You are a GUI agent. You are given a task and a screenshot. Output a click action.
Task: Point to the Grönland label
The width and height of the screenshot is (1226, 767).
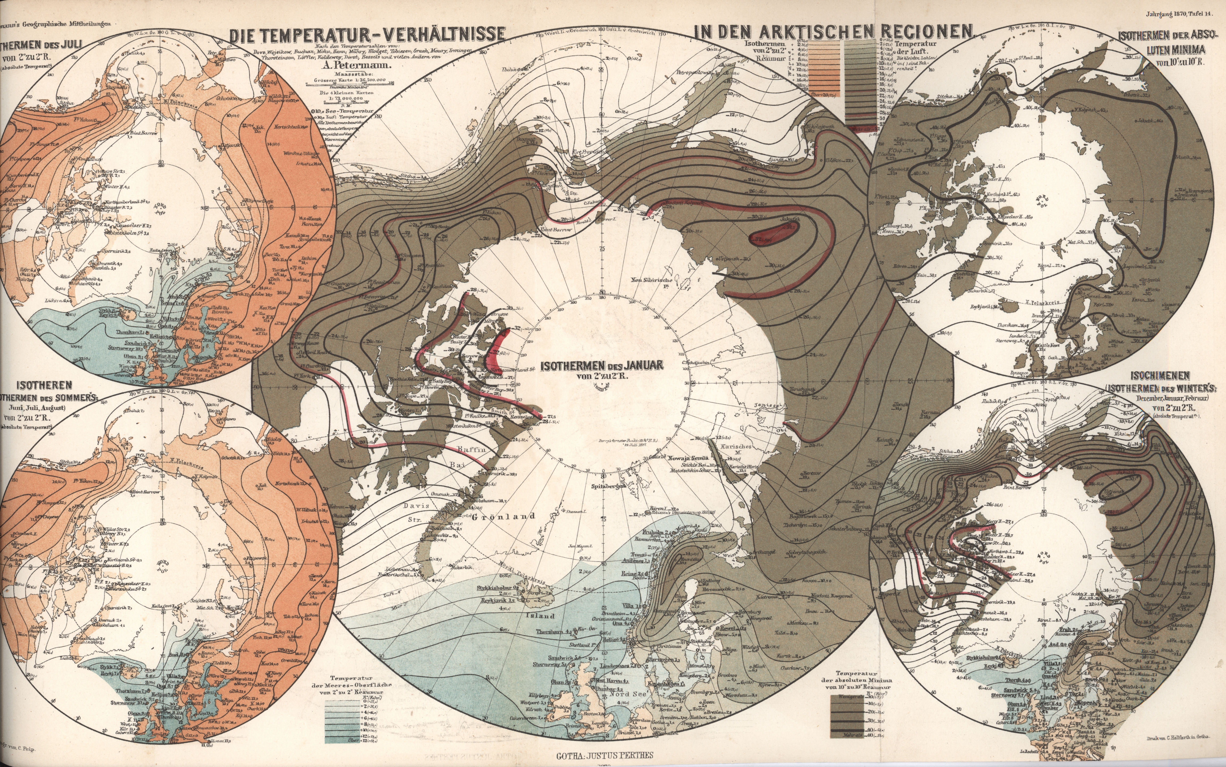point(504,517)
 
